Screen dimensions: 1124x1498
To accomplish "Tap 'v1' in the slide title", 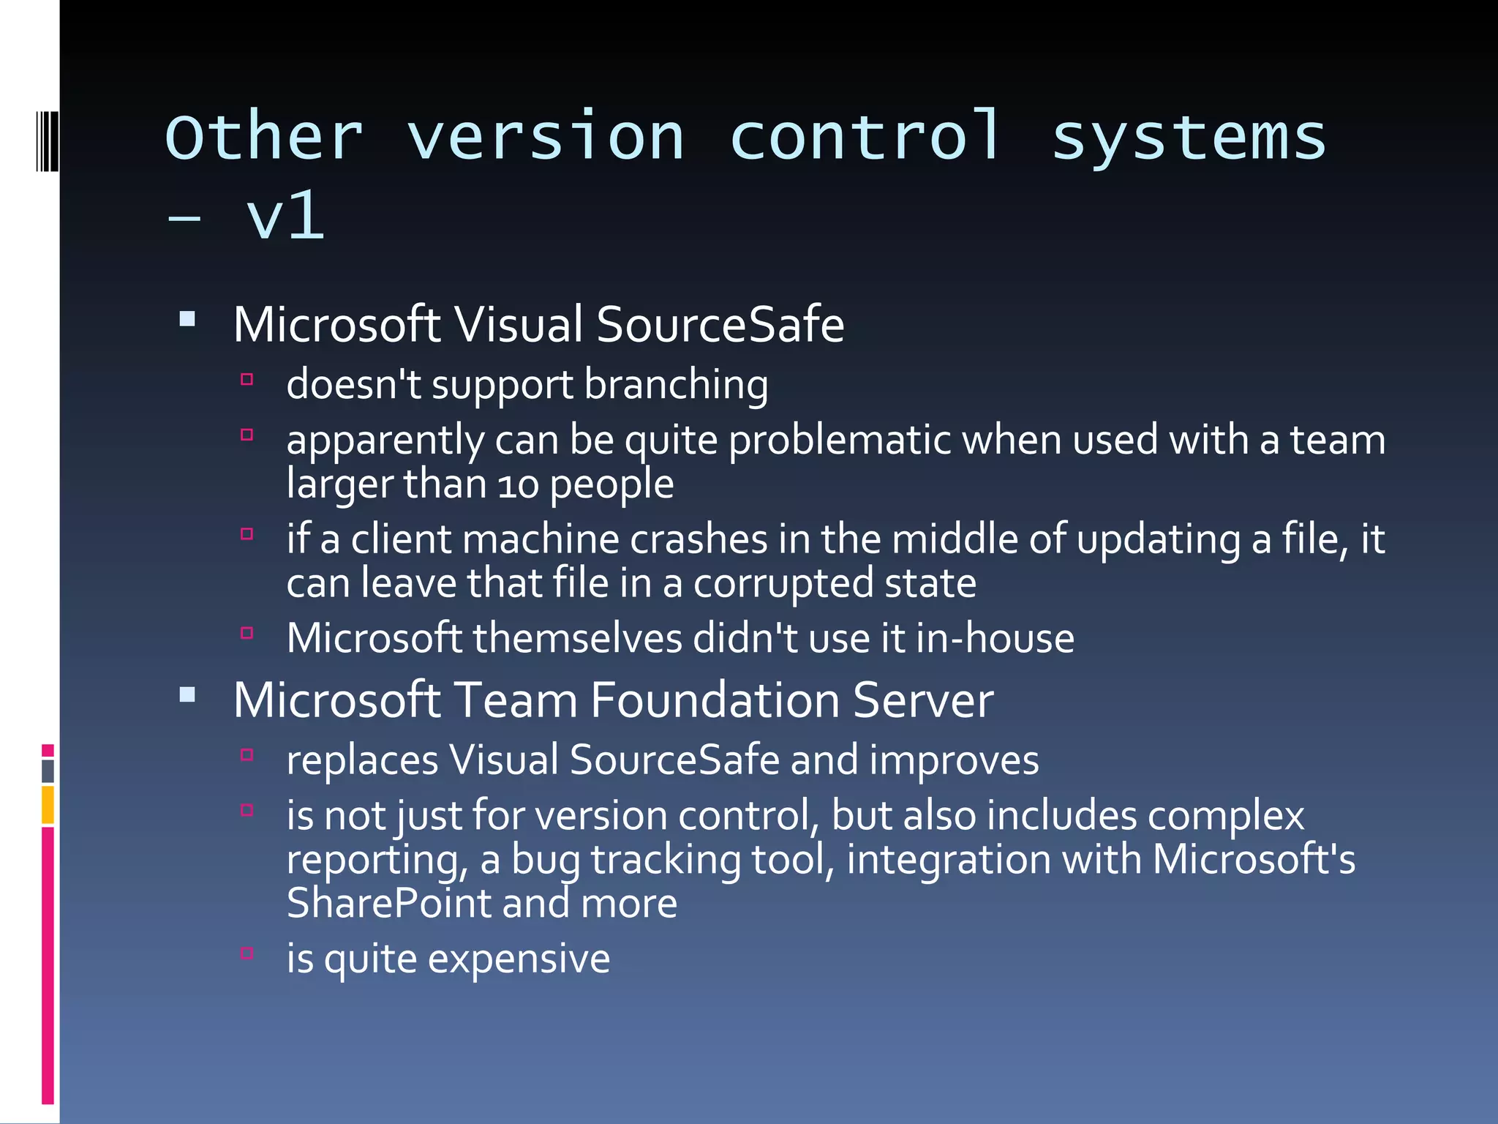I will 285,216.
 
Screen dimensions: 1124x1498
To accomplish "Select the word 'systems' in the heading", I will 1189,139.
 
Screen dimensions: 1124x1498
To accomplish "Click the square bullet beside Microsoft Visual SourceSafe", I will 187,319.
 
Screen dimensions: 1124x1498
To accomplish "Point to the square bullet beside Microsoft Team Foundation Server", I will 187,694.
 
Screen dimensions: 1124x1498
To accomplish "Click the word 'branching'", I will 676,385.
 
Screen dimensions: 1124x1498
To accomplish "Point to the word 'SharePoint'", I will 388,904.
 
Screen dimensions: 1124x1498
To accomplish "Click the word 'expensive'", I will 519,959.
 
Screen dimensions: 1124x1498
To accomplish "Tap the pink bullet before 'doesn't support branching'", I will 247,380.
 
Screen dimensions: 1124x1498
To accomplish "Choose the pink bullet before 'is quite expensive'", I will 247,953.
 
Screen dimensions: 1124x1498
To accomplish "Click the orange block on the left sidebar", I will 48,804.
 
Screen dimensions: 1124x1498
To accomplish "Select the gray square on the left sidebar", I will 48,771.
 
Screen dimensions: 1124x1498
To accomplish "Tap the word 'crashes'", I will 699,539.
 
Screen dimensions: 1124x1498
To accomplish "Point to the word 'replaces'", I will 362,760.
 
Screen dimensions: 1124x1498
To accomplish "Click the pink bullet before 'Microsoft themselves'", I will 247,633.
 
